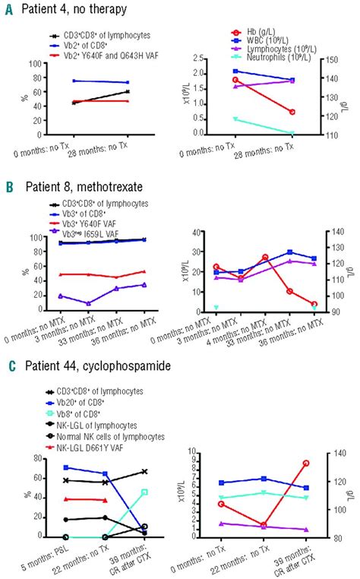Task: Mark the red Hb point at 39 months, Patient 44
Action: pos(306,463)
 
